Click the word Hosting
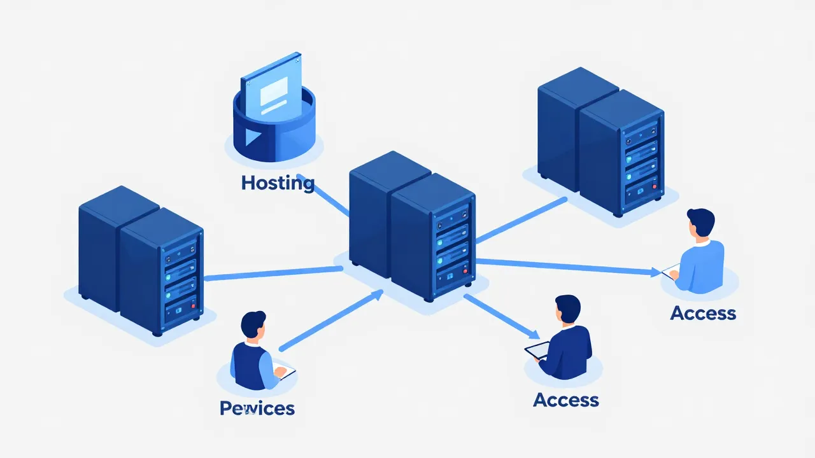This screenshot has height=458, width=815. (278, 183)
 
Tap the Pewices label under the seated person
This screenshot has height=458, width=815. (257, 408)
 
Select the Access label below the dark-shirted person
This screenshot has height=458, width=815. (566, 399)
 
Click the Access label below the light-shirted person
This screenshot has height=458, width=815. (703, 313)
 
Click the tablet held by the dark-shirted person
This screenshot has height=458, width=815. (536, 350)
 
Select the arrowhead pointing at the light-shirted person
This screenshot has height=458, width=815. (656, 272)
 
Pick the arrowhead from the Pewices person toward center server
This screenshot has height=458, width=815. (377, 294)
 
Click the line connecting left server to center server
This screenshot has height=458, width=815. (274, 274)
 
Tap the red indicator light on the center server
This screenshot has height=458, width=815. (465, 272)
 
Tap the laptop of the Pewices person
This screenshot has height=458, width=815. (285, 372)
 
